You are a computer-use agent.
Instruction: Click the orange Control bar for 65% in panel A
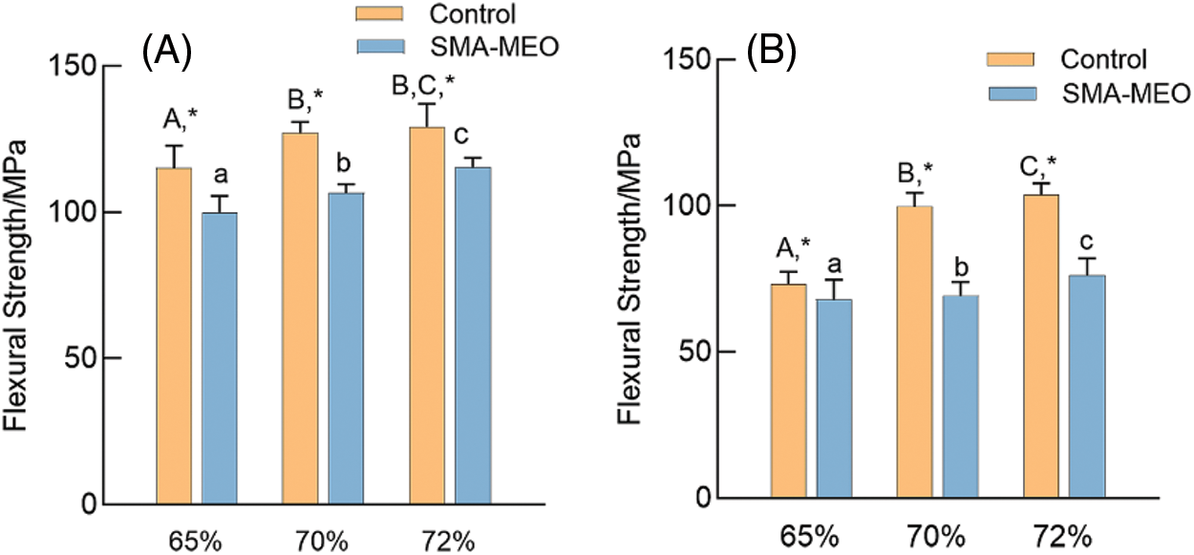pyautogui.click(x=174, y=334)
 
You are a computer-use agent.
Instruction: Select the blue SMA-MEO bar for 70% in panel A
pyautogui.click(x=346, y=348)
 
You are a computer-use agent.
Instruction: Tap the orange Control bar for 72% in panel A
pyautogui.click(x=427, y=314)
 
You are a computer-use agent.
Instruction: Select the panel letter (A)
pyautogui.click(x=168, y=51)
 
